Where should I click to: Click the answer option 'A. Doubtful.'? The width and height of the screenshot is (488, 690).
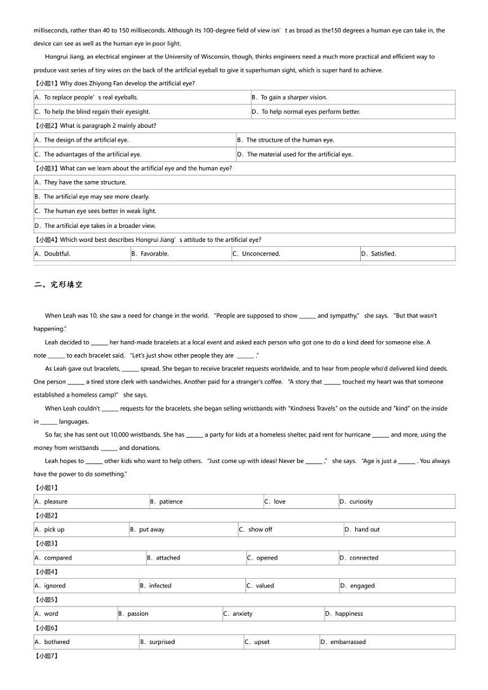click(53, 254)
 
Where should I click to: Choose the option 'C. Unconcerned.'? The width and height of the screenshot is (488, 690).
click(256, 254)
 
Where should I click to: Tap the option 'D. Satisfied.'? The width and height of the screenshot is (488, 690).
click(379, 254)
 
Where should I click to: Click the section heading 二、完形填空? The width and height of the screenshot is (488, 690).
click(58, 284)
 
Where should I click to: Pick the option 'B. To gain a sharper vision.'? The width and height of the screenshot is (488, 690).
click(289, 97)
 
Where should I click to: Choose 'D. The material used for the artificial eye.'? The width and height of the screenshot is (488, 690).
click(295, 155)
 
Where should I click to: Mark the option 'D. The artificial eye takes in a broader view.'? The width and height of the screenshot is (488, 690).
click(95, 226)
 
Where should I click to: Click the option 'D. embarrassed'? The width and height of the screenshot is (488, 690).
click(344, 642)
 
